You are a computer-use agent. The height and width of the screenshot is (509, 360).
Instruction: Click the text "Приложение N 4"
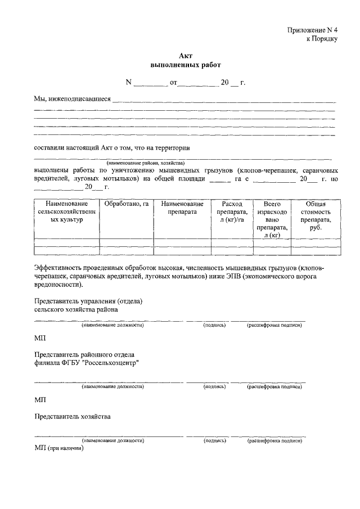(313, 30)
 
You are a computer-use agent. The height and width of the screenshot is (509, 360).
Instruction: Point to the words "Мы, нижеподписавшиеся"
(71, 99)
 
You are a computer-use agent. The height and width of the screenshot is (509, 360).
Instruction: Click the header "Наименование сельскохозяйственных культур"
(66, 212)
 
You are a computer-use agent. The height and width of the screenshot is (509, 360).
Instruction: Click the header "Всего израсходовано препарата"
(271, 219)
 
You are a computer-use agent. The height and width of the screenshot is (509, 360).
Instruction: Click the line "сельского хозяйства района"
(76, 309)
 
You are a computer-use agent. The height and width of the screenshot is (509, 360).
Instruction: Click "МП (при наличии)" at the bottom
(58, 450)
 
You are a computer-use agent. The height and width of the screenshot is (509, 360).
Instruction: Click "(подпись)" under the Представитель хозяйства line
(215, 441)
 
